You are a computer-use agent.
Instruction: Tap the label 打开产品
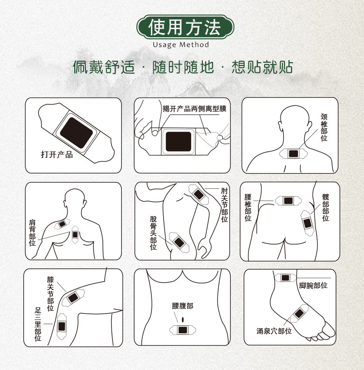click(57, 155)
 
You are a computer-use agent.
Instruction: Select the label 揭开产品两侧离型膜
click(194, 109)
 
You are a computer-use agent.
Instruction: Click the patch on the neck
click(293, 153)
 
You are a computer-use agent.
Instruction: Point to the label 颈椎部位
click(324, 127)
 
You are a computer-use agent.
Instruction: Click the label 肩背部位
click(32, 232)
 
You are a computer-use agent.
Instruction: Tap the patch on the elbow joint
click(199, 194)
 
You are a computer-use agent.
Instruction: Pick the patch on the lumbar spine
click(288, 200)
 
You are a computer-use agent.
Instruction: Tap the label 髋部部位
click(325, 207)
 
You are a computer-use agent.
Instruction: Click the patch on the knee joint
click(73, 297)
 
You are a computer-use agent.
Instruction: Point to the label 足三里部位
click(38, 324)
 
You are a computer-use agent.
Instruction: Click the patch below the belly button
click(183, 330)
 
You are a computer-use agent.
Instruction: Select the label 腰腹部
click(182, 306)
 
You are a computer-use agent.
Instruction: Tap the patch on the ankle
click(285, 278)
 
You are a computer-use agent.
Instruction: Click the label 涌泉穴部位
click(274, 331)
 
